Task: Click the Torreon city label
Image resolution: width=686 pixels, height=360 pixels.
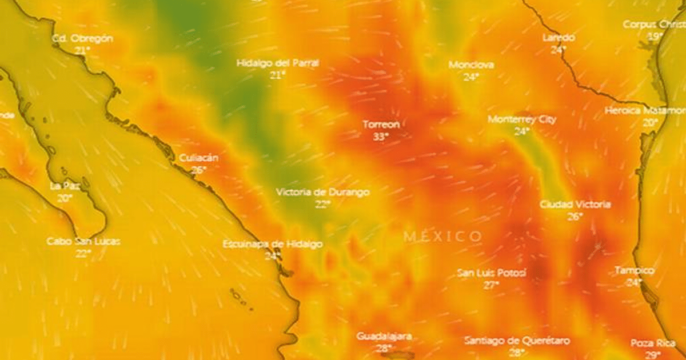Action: click(x=381, y=125)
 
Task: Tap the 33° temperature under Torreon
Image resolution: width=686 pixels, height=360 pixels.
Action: click(x=381, y=137)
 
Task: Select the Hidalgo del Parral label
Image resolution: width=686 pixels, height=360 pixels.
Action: click(x=278, y=63)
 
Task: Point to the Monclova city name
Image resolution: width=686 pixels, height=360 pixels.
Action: click(x=471, y=65)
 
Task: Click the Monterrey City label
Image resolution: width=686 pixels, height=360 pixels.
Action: click(x=521, y=119)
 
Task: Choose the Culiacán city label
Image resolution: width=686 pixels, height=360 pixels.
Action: click(x=198, y=158)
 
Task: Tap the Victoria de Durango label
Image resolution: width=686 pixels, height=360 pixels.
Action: click(x=322, y=193)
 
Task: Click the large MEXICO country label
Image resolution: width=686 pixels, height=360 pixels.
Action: click(x=442, y=236)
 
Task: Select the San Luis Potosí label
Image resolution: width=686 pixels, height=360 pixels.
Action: click(x=491, y=273)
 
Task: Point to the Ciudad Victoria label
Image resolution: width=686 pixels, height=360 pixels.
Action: click(x=575, y=204)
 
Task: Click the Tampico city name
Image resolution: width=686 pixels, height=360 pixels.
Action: click(x=634, y=270)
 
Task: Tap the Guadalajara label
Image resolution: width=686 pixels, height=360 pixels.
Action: click(x=384, y=336)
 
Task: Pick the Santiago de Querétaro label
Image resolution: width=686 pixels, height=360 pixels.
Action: click(x=517, y=341)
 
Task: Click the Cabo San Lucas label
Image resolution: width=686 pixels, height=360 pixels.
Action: click(x=83, y=241)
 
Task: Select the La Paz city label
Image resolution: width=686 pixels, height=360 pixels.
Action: click(x=64, y=186)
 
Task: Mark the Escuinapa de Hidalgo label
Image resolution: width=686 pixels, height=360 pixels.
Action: click(x=272, y=245)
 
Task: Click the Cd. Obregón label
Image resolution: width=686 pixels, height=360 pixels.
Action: click(x=82, y=38)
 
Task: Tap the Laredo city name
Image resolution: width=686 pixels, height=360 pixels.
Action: click(x=559, y=38)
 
